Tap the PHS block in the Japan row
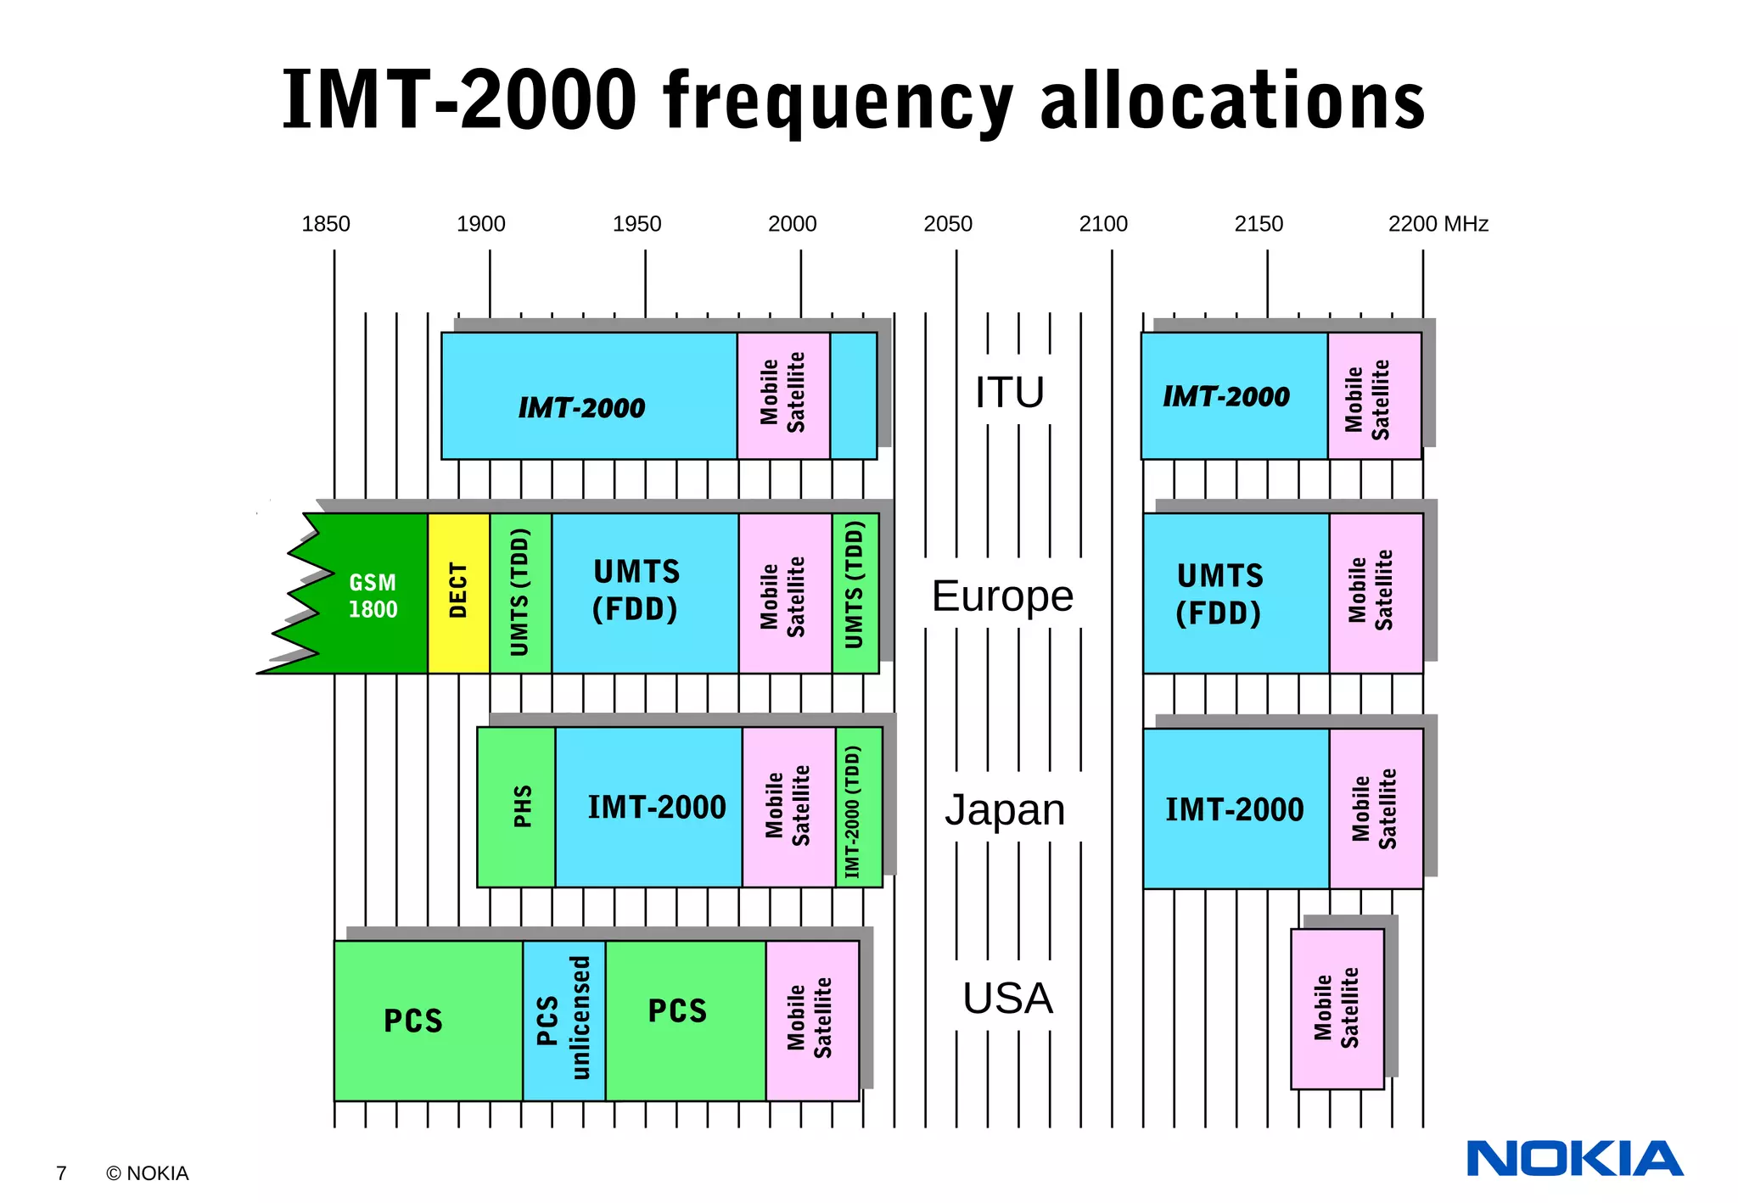click(x=516, y=807)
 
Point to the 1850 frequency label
click(x=326, y=224)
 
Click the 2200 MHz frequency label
click(x=1438, y=224)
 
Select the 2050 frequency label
click(x=947, y=224)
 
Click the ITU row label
click(x=1009, y=393)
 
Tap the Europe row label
click(x=1002, y=596)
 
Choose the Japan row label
click(x=1005, y=809)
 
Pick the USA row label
click(x=1007, y=999)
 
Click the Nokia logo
click(x=1574, y=1159)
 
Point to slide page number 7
click(x=61, y=1173)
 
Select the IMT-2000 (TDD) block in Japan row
click(x=858, y=807)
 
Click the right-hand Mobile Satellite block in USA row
click(x=1337, y=1009)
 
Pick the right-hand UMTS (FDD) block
click(x=1235, y=593)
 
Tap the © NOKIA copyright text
click(x=147, y=1173)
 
